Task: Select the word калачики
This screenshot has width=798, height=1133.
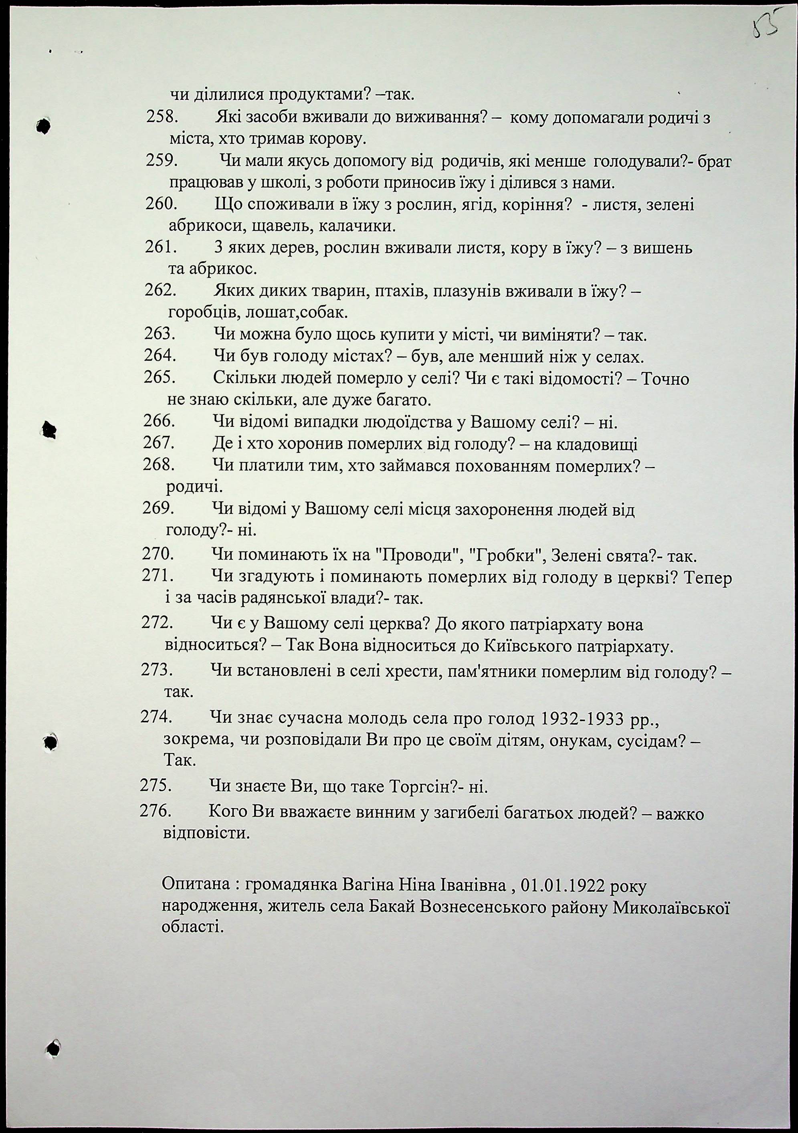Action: pyautogui.click(x=357, y=226)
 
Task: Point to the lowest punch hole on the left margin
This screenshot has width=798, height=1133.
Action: pyautogui.click(x=53, y=1046)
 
